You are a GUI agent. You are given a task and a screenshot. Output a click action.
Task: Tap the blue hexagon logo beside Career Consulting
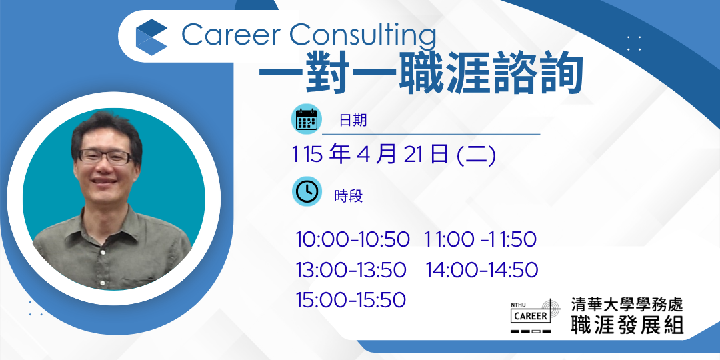coord(151,37)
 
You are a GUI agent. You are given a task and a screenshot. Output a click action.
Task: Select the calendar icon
coord(306,119)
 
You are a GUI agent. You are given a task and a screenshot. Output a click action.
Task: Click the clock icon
coord(306,191)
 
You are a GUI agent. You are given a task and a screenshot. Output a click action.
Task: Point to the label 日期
coord(353,120)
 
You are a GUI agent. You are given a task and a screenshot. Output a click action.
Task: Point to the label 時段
coord(349,196)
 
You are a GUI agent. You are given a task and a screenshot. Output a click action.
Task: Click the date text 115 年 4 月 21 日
coord(370,155)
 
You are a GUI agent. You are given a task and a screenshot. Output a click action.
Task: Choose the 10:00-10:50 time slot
coord(352,240)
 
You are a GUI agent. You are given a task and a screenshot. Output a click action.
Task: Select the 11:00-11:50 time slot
coord(480,240)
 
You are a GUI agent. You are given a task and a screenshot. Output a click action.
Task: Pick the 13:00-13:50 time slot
coord(351,270)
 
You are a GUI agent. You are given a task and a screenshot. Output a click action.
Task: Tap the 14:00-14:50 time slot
coord(482,270)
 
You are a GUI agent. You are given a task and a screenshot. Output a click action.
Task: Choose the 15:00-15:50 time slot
coord(351,300)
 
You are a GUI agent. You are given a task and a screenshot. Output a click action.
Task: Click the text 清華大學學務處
coord(627,304)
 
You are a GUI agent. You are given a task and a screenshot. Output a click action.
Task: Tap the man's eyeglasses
coord(105,157)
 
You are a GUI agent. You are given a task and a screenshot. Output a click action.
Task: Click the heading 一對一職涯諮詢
coord(420,73)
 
